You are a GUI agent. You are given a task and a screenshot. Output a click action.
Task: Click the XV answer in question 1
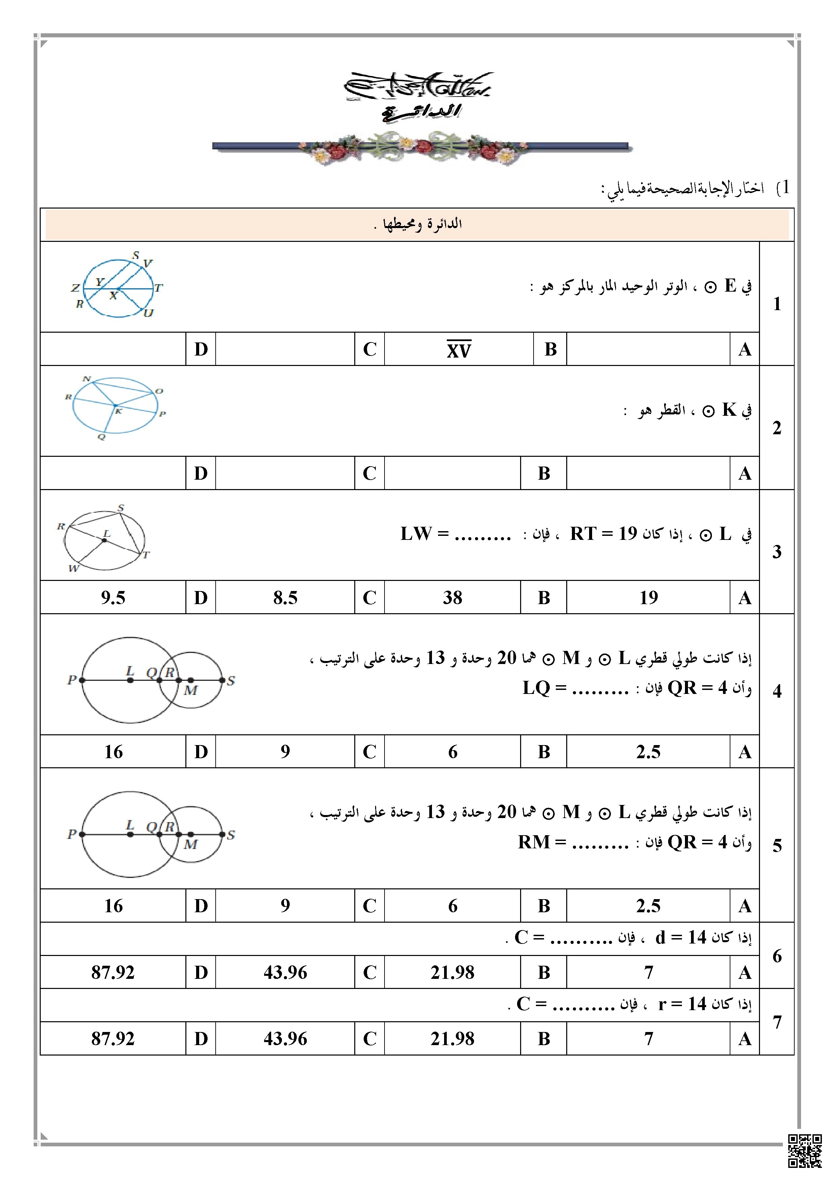tap(458, 349)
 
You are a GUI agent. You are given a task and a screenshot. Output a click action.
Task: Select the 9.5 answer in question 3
tap(113, 598)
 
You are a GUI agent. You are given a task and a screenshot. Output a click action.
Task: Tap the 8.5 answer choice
tap(285, 598)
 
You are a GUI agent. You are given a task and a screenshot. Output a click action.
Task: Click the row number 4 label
tap(776, 691)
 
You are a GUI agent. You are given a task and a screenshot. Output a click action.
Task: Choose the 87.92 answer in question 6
tap(113, 972)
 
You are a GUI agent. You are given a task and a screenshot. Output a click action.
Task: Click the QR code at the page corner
tap(805, 1151)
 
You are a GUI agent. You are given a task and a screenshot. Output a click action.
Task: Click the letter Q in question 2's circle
tap(101, 437)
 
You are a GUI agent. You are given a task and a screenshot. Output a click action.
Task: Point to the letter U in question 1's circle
tap(148, 313)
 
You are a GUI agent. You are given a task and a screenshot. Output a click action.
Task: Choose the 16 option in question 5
tap(113, 906)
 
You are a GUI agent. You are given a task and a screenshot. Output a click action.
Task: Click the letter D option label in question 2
tap(201, 473)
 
